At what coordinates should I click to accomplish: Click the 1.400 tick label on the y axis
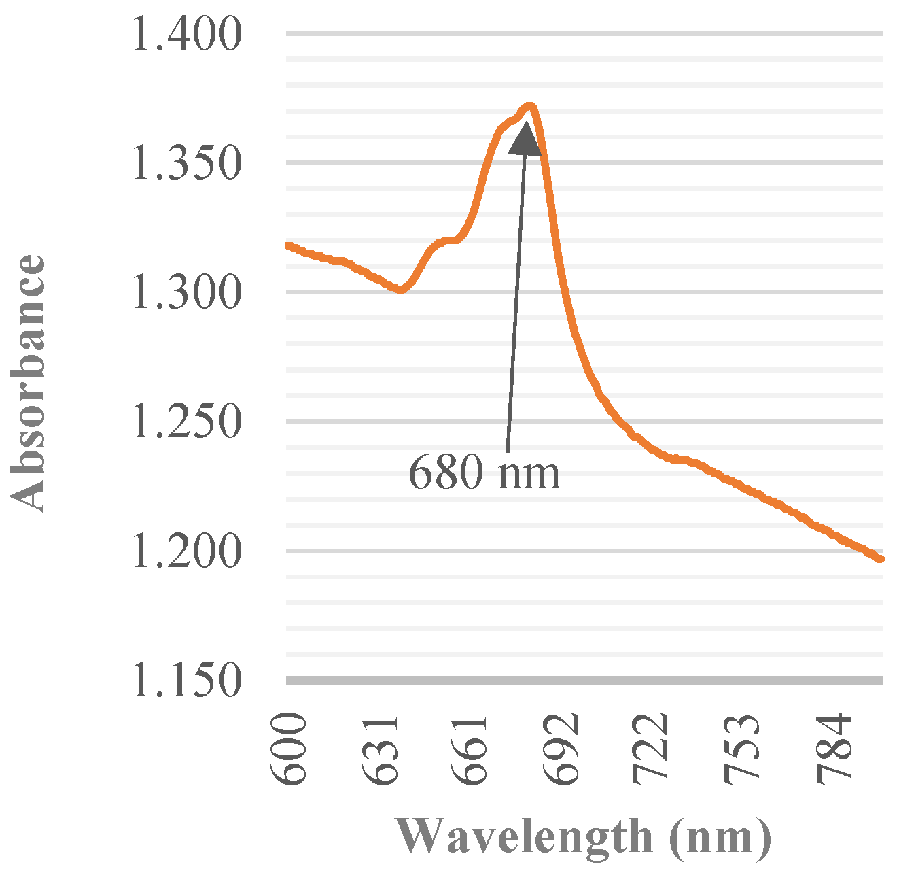(186, 34)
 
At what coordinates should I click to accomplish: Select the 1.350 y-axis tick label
(186, 163)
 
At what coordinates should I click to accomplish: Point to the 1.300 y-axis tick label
(186, 292)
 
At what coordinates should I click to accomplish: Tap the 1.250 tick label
(186, 422)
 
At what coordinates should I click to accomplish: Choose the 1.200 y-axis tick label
(186, 551)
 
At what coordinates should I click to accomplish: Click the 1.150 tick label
(186, 680)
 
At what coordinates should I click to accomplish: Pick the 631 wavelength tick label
(381, 749)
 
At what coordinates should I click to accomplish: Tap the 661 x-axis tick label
(472, 749)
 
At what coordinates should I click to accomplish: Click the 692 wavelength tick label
(563, 749)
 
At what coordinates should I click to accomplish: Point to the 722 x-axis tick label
(654, 749)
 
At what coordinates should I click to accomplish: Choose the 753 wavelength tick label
(745, 749)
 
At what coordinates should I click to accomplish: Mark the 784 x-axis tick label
(836, 749)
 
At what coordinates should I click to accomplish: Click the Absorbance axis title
(29, 383)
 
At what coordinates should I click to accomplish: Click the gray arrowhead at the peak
(525, 139)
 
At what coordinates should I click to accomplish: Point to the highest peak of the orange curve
(530, 105)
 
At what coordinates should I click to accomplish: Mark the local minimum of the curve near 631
(401, 290)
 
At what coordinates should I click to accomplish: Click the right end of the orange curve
(881, 559)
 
